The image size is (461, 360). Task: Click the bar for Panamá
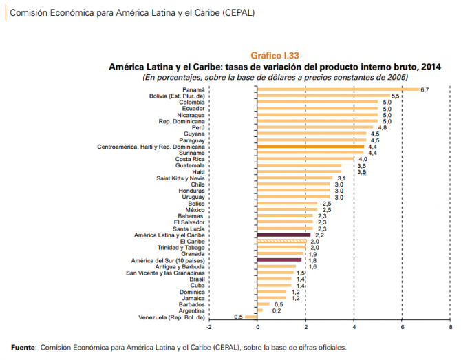(x=338, y=89)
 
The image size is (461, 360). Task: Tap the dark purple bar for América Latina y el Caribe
(x=284, y=235)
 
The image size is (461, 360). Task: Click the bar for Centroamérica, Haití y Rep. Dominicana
(x=311, y=147)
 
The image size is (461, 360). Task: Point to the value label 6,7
(x=425, y=90)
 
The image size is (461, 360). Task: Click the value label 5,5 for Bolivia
(x=396, y=96)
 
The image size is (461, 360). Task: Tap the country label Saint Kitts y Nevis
(x=180, y=178)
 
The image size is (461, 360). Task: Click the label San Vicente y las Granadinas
(x=166, y=273)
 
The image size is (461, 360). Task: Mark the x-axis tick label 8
(x=450, y=327)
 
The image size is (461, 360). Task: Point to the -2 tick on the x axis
(x=208, y=327)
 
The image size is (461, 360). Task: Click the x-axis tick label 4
(x=354, y=327)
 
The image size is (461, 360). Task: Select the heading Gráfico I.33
(x=274, y=56)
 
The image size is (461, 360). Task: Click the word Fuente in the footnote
(x=23, y=348)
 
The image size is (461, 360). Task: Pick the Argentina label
(x=190, y=310)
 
